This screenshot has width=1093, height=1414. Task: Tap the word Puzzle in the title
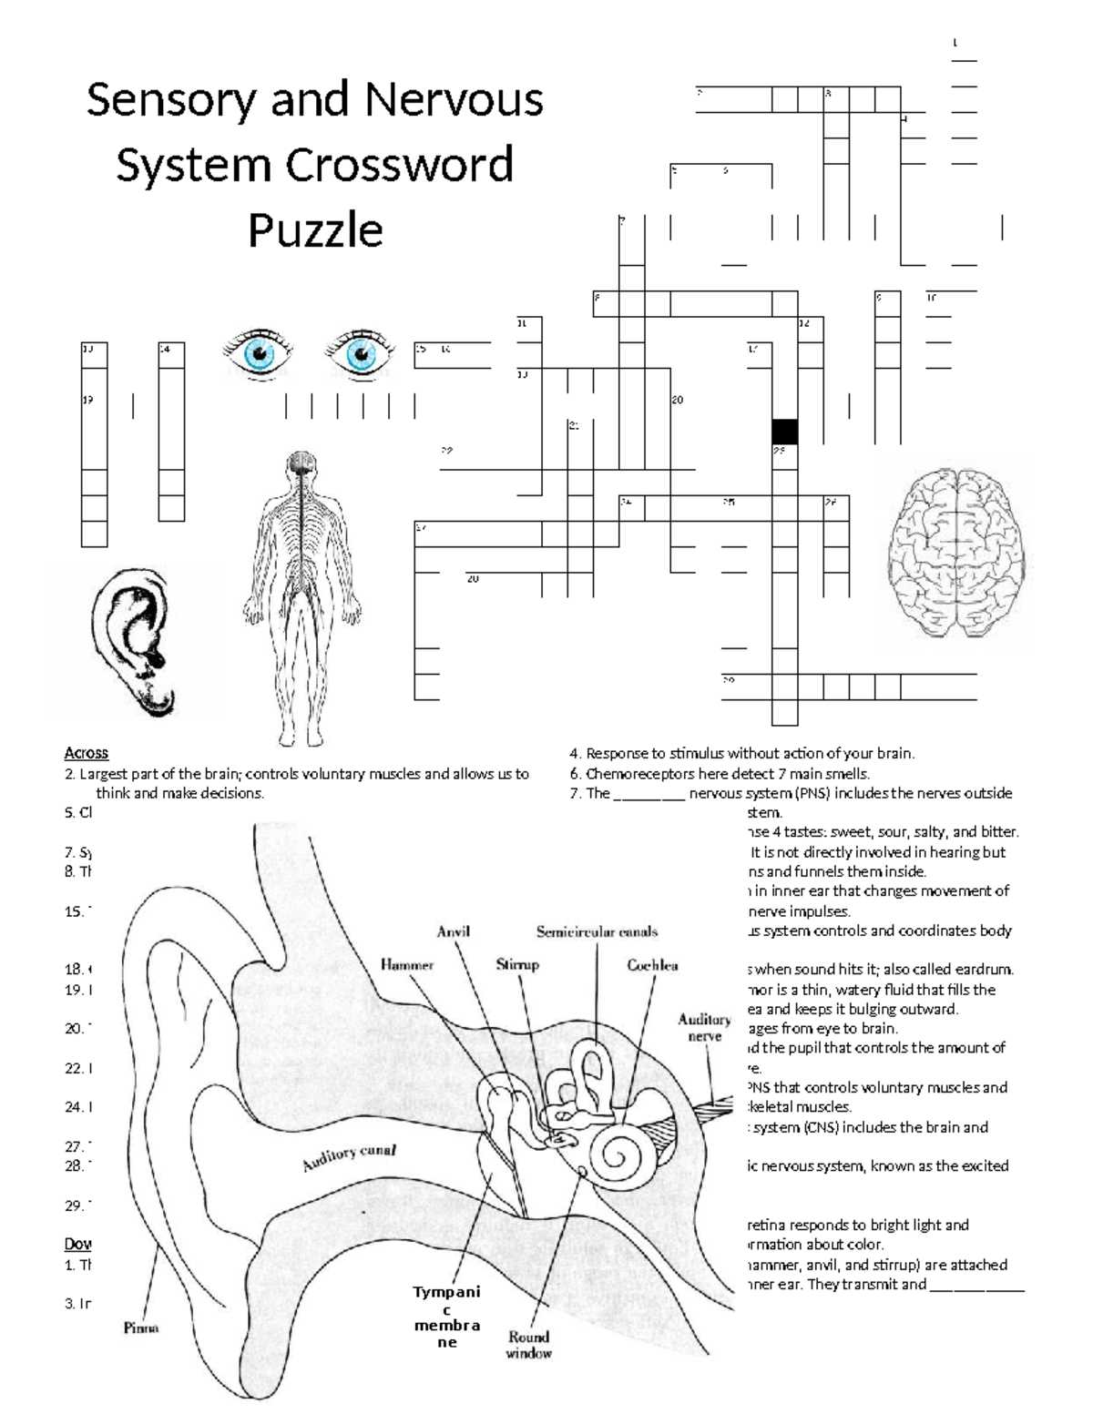point(315,230)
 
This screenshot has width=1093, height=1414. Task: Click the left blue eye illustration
point(259,352)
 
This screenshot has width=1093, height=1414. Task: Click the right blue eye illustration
point(361,352)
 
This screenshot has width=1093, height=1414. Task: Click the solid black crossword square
point(784,432)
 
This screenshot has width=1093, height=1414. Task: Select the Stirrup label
point(517,964)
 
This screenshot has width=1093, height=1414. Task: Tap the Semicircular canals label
point(597,931)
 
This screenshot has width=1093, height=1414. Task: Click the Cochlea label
point(652,965)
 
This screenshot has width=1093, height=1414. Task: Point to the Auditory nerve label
point(704,1028)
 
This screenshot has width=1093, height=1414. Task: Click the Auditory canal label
point(350,1158)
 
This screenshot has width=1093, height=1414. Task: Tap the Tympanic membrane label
point(446,1317)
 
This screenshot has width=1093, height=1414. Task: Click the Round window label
point(529,1344)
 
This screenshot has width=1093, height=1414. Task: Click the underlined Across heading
point(86,753)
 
